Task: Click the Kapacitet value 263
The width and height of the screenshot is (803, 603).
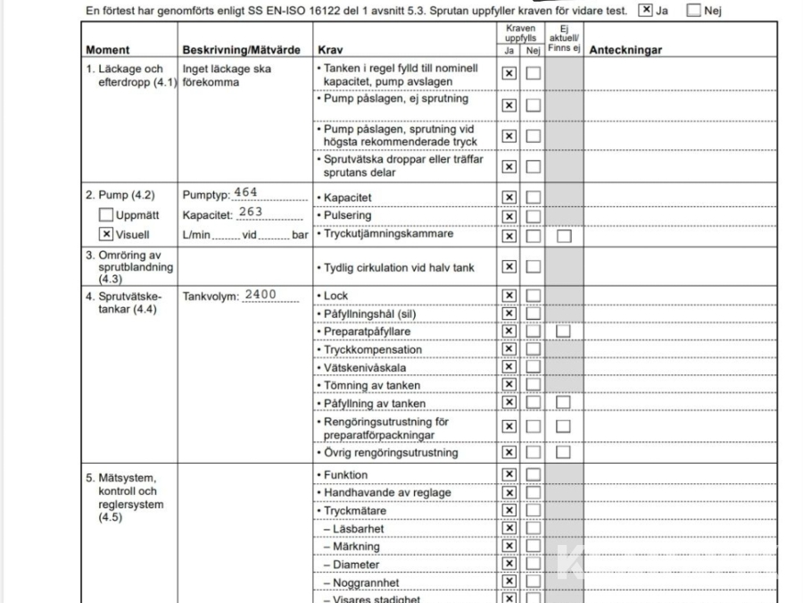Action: [x=251, y=212]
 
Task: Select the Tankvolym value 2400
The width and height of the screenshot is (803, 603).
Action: [x=260, y=295]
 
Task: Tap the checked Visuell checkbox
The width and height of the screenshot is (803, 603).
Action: [x=106, y=235]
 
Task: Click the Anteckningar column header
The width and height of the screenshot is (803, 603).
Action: [x=625, y=50]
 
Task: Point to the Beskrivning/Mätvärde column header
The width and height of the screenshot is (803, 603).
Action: [x=241, y=50]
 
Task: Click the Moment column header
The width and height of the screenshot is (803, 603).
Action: [x=108, y=50]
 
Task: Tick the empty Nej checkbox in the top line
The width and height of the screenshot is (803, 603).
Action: [x=693, y=11]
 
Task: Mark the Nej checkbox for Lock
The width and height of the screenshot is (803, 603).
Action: [x=533, y=296]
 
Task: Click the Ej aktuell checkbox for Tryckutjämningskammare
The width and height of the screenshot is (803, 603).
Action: [x=563, y=236]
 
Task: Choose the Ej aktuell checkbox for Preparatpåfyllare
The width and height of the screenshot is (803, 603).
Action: [x=563, y=331]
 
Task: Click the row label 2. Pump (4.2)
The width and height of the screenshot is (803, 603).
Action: [x=120, y=195]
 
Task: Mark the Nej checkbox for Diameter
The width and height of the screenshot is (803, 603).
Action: [x=533, y=565]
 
